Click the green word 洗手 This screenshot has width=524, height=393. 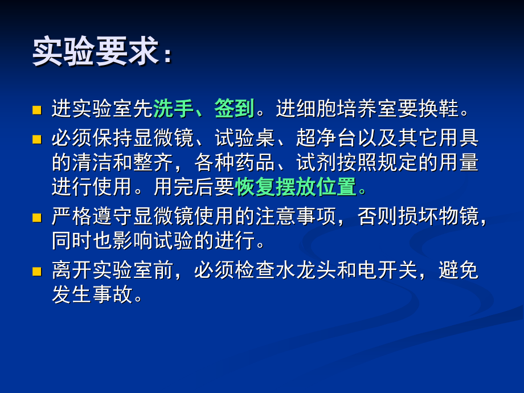coord(173,108)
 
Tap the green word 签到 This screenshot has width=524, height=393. coord(234,108)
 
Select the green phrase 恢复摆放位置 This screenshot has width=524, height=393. coord(296,186)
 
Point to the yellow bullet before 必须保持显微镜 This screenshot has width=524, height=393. coord(37,139)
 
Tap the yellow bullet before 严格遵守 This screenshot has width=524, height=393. coord(37,217)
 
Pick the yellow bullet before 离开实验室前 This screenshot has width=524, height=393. coord(37,271)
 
